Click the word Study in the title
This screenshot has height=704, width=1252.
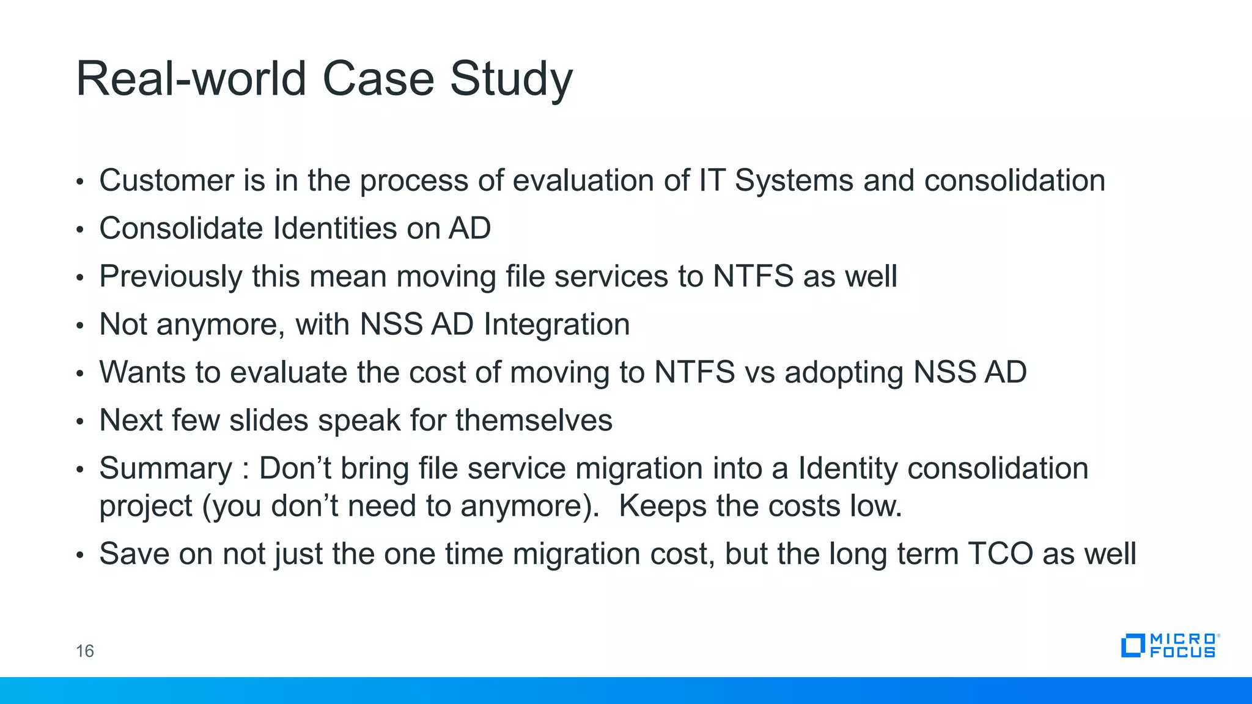(x=511, y=79)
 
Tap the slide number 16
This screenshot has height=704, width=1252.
(x=84, y=651)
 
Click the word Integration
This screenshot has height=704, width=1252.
(x=556, y=324)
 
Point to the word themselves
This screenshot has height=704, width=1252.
(x=534, y=420)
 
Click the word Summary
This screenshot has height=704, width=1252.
(x=166, y=469)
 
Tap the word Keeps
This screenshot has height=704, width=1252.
(x=662, y=507)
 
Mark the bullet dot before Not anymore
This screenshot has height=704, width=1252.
(x=79, y=326)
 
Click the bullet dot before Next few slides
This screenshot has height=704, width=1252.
(x=79, y=422)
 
